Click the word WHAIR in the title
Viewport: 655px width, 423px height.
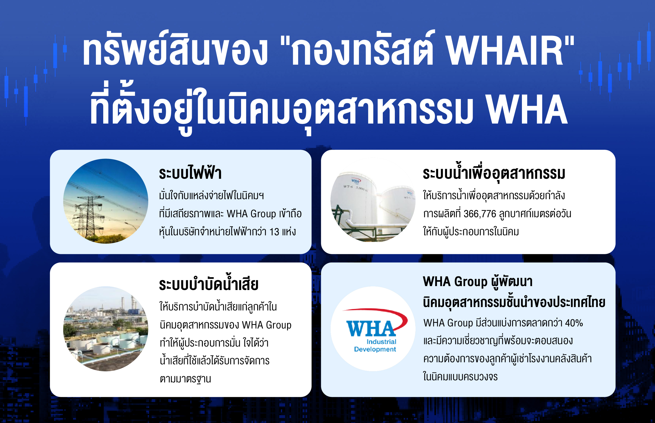click(504, 52)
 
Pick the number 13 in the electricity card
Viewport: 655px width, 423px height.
click(274, 232)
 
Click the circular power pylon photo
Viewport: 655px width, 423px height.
click(106, 201)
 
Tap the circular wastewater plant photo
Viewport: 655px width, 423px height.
click(106, 329)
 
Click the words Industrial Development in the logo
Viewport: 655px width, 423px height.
click(375, 346)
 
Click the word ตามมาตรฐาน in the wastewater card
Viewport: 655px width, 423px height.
click(185, 379)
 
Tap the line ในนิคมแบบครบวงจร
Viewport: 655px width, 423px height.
click(460, 377)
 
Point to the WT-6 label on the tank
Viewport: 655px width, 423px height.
click(348, 187)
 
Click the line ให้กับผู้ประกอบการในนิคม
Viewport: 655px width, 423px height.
click(471, 232)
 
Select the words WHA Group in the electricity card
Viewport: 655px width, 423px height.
click(251, 214)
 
